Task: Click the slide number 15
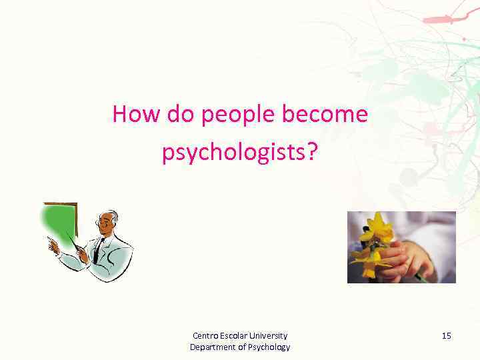(x=446, y=336)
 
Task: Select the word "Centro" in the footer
(x=205, y=336)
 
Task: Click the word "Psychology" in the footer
(x=268, y=347)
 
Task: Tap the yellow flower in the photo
(x=377, y=230)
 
